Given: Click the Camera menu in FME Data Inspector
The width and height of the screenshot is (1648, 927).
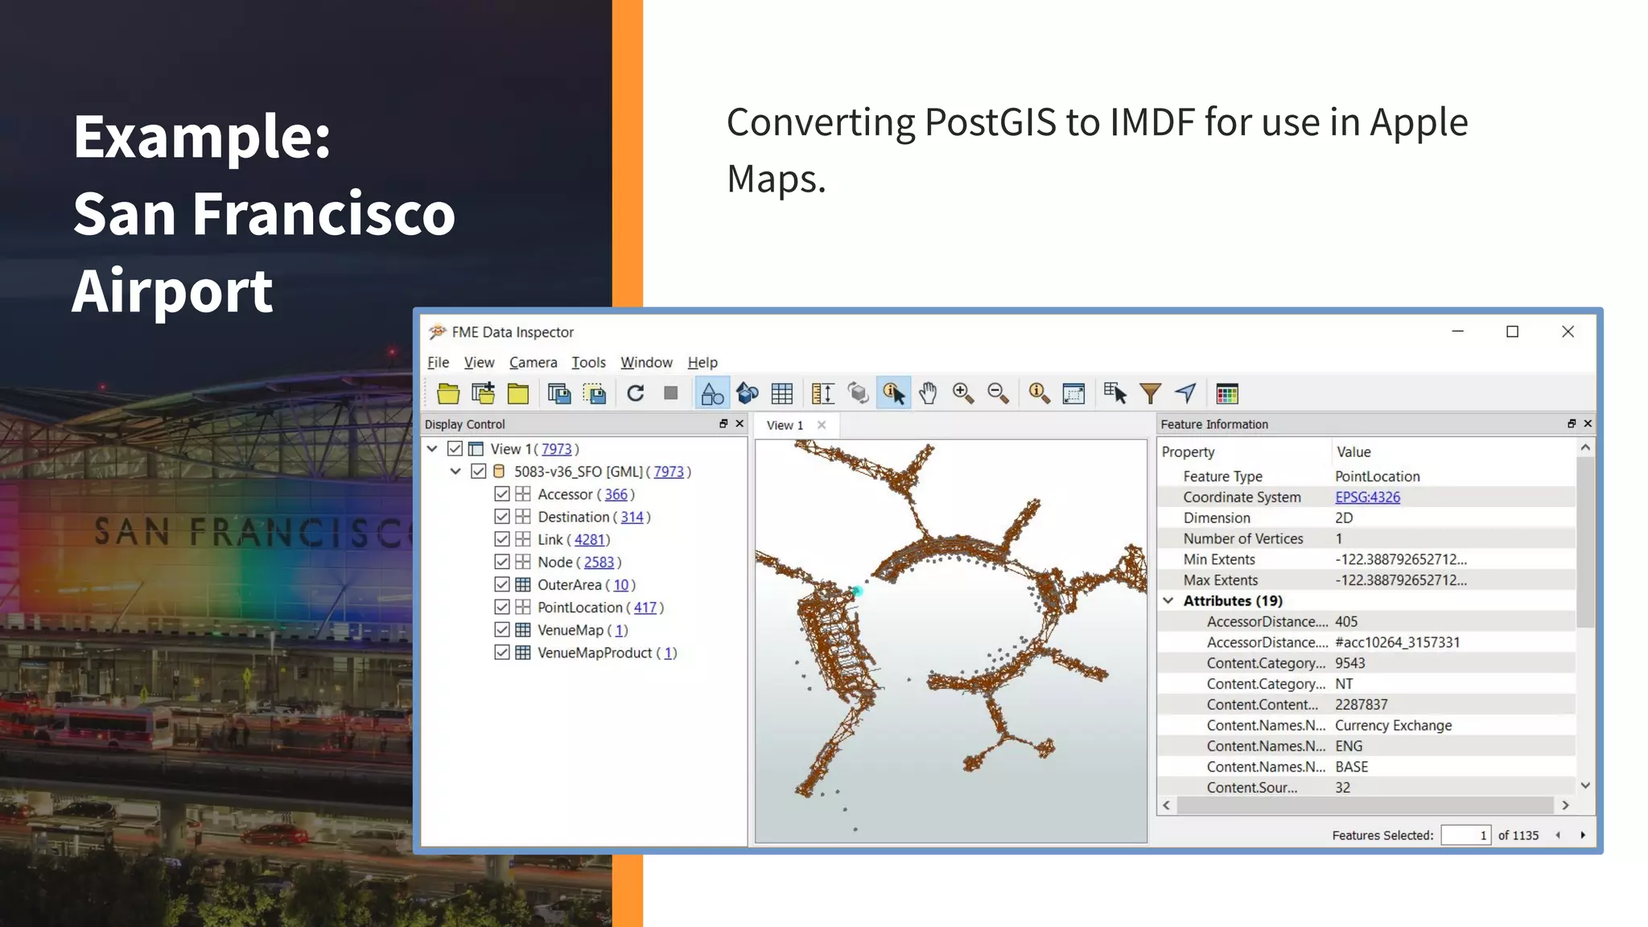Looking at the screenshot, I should coord(533,363).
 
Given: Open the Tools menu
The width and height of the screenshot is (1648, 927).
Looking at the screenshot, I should coord(588,363).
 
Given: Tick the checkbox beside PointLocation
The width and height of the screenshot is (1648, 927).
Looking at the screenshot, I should coord(502,608).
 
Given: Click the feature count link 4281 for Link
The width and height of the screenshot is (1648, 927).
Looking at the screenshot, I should coord(589,540).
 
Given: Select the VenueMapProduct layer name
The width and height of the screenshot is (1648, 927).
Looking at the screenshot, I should coord(594,653).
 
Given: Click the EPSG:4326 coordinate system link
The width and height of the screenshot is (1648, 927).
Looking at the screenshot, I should coord(1367,497).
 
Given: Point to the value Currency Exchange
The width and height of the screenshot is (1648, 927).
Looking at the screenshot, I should coord(1393,726).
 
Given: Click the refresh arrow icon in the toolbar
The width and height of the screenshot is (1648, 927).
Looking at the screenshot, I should coord(635,393).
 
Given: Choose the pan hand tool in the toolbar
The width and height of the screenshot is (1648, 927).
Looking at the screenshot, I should coord(928,393).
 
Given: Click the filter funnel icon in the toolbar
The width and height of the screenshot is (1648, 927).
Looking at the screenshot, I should coord(1150,393).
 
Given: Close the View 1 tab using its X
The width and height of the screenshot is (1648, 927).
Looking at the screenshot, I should coord(822,425).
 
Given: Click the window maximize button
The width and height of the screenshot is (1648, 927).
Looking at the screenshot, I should coord(1512,332).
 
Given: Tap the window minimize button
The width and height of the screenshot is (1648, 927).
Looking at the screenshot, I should coord(1457,332).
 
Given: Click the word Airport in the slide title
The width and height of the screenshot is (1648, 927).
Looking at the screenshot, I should coord(173,291).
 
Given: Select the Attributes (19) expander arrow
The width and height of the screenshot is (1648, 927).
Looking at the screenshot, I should coord(1168,601).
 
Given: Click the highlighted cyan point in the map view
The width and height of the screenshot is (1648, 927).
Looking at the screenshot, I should coord(858,591).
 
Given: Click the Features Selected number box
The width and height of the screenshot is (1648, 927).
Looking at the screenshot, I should coord(1465,835).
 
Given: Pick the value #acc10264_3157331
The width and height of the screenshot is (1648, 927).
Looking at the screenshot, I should coord(1397,643).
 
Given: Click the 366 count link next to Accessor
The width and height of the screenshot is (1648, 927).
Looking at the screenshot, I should coord(616,495).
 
